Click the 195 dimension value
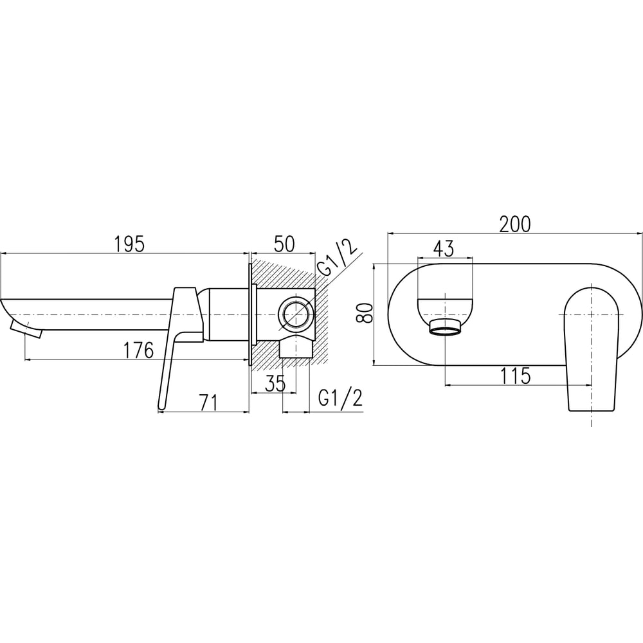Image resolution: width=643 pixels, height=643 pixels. pos(129,244)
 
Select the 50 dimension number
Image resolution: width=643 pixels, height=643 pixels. pos(284,244)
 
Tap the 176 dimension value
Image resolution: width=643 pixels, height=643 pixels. pos(139,350)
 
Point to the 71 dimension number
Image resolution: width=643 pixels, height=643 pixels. pos(209,403)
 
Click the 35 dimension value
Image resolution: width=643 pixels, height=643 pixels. pos(275,384)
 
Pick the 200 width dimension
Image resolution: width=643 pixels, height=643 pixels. pos(515,224)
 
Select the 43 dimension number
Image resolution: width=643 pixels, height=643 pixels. pos(444,248)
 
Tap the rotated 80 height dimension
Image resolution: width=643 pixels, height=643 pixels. pos(365,313)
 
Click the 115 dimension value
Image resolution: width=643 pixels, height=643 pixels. pos(516,376)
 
